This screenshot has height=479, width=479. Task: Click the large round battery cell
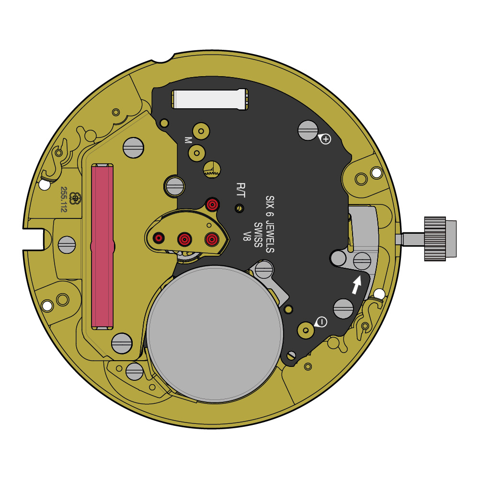(x=215, y=333)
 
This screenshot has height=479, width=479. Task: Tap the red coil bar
(x=103, y=247)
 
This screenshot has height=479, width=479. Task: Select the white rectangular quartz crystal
(x=210, y=99)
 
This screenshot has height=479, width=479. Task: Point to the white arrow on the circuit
(x=356, y=285)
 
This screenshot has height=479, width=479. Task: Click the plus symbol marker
(x=326, y=139)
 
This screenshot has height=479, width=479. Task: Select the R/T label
(x=241, y=190)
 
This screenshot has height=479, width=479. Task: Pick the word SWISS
(x=259, y=235)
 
